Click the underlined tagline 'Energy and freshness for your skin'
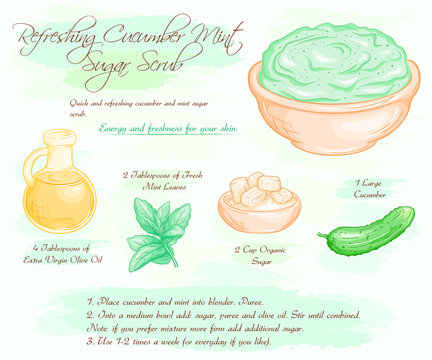click(x=191, y=128)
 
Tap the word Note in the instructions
click(x=98, y=327)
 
